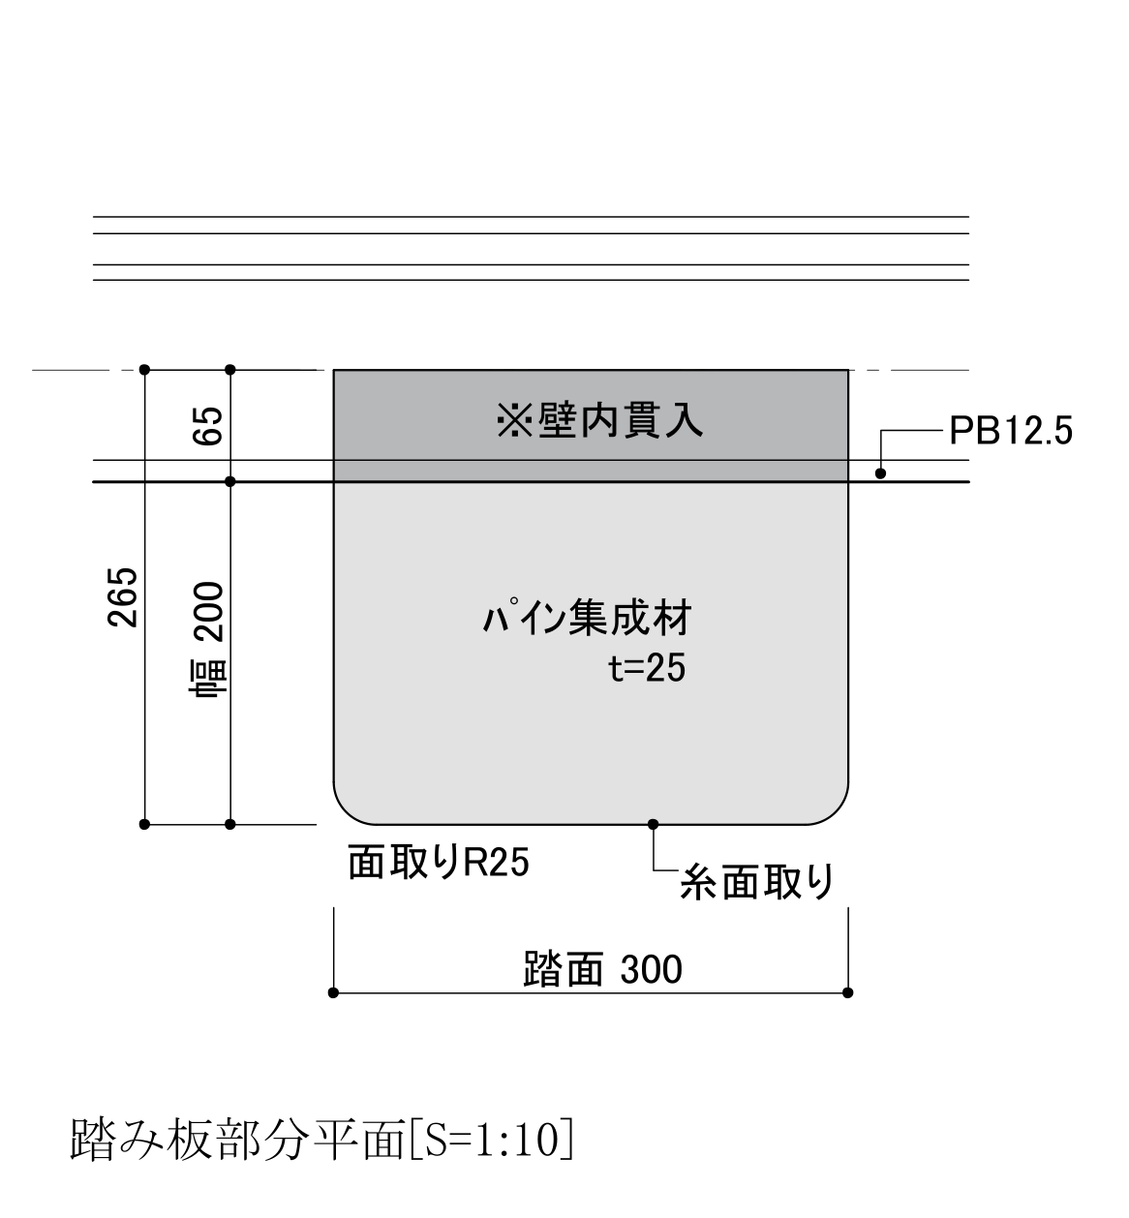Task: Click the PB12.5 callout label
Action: point(1011,431)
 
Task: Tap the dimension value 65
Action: point(207,425)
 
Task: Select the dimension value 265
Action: point(122,596)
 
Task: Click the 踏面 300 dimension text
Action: point(602,968)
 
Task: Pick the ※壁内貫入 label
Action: point(599,421)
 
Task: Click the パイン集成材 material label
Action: point(587,617)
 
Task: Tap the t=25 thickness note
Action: point(647,668)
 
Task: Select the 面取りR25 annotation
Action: point(438,863)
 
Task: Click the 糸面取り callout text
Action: point(757,883)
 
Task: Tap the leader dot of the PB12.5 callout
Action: point(880,473)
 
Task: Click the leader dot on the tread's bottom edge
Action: point(653,824)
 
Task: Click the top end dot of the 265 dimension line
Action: point(145,370)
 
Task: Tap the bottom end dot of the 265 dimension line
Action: point(145,824)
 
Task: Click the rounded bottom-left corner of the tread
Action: point(346,812)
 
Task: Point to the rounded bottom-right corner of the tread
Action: point(836,812)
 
